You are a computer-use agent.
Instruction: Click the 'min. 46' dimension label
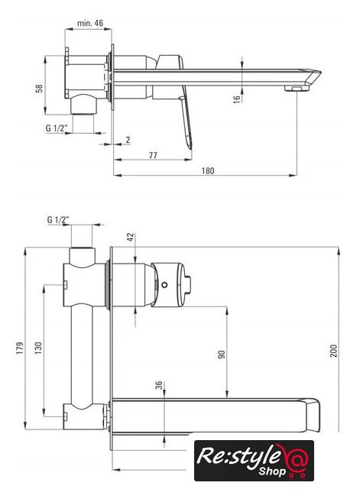[x=90, y=23]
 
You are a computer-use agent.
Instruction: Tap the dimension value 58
[x=39, y=89]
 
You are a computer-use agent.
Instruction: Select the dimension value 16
[x=237, y=99]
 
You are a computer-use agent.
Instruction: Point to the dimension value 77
[x=153, y=155]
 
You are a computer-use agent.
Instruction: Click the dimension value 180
[x=208, y=170]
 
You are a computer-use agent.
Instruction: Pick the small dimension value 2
[x=128, y=140]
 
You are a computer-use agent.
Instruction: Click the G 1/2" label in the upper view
[x=57, y=128]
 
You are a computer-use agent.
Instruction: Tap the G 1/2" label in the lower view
[x=58, y=219]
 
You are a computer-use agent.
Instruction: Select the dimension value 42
[x=131, y=237]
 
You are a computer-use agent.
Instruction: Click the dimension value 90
[x=221, y=355]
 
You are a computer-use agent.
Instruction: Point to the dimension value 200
[x=334, y=351]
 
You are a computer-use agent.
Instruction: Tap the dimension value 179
[x=20, y=348]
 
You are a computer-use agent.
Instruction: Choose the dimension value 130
[x=38, y=348]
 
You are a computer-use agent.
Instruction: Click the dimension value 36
[x=160, y=385]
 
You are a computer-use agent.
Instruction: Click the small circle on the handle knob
[x=164, y=284]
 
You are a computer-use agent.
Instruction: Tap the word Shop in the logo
[x=272, y=471]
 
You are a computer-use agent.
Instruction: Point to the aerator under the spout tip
[x=297, y=89]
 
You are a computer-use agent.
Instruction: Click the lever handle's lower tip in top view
[x=190, y=147]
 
